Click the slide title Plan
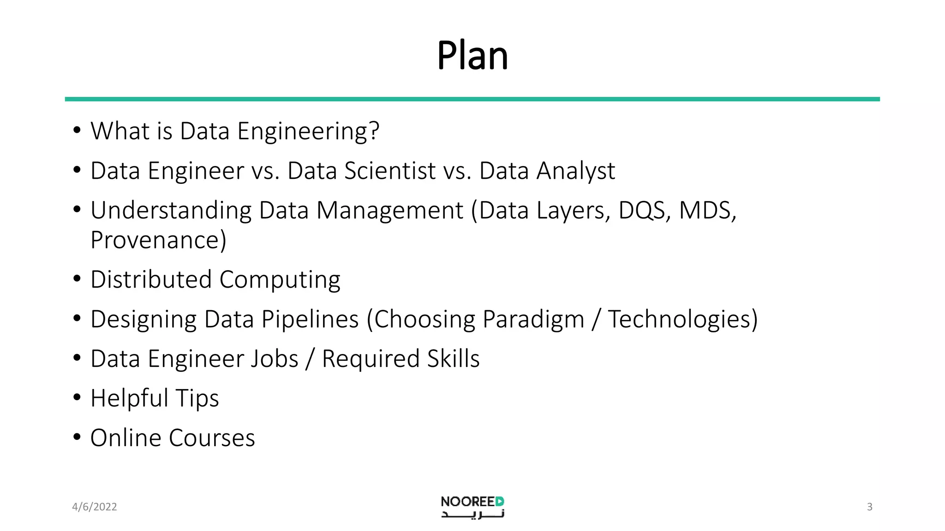(x=472, y=56)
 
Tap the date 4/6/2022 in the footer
(x=95, y=507)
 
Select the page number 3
(x=869, y=507)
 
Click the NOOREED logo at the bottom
(x=472, y=507)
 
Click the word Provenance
(x=156, y=240)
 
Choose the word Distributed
(x=151, y=279)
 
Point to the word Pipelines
(x=310, y=319)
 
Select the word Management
(x=390, y=211)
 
